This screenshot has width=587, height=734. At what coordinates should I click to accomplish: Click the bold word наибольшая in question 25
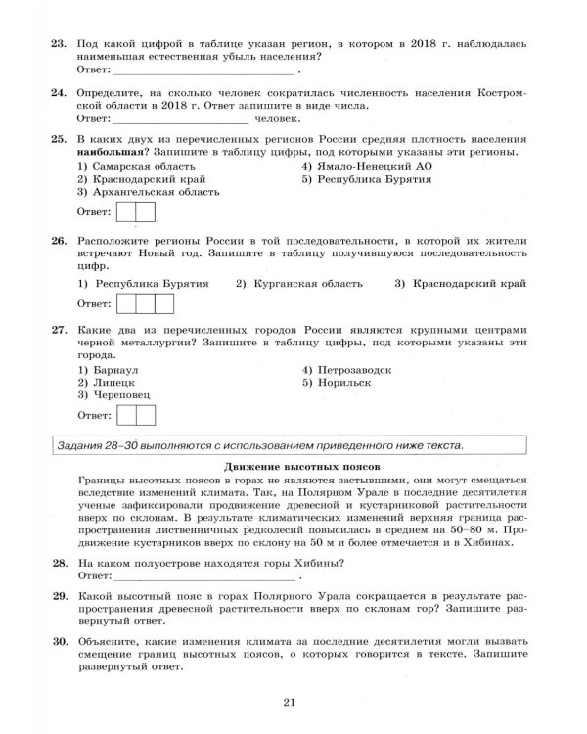[x=113, y=153]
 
